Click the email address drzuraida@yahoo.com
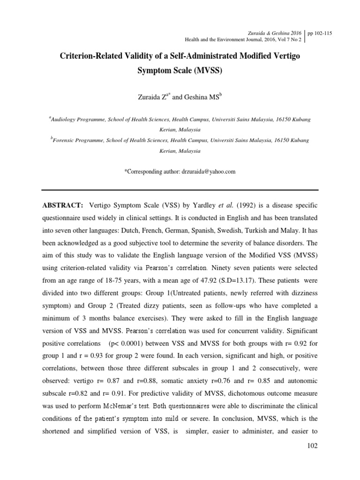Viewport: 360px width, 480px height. [x=208, y=172]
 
